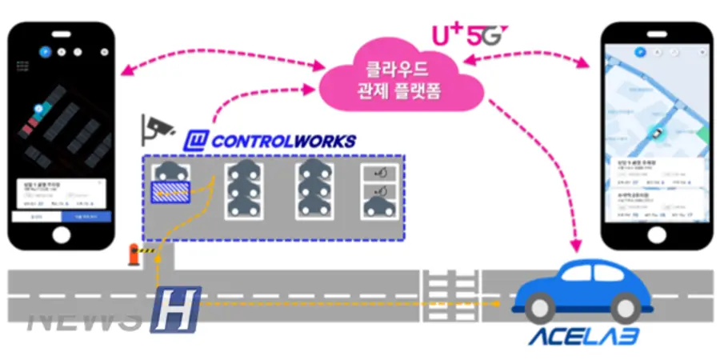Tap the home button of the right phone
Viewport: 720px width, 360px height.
(x=658, y=234)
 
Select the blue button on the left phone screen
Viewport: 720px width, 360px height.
(x=87, y=216)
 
